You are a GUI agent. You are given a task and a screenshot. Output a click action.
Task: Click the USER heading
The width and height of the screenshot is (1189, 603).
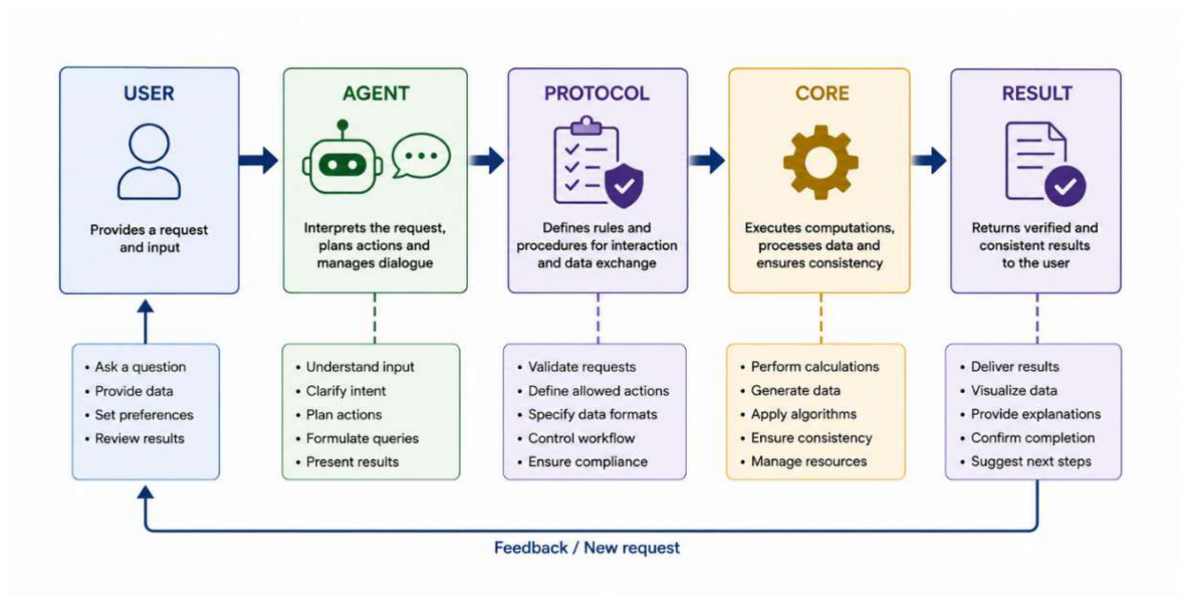click(x=148, y=93)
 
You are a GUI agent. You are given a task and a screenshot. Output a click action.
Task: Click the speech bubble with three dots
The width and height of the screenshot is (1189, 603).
click(x=421, y=155)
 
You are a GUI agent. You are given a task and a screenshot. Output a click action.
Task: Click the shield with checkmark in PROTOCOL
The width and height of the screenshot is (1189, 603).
click(x=624, y=185)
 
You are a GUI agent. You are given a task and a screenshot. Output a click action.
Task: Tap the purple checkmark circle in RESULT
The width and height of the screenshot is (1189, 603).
click(x=1064, y=185)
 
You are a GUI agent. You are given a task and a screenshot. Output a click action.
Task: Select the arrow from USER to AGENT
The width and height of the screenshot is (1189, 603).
click(x=259, y=160)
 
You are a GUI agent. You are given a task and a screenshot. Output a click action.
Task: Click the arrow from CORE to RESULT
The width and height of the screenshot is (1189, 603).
click(x=929, y=160)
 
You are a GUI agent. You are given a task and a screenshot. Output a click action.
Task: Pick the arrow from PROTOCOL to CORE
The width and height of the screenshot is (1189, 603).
click(x=707, y=160)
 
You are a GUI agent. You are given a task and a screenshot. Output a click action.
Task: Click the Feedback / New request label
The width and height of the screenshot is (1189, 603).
click(x=587, y=548)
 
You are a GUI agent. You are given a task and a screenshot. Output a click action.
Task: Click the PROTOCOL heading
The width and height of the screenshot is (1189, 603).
click(x=596, y=93)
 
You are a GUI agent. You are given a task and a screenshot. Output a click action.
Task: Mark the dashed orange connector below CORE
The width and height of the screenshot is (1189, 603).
click(x=821, y=319)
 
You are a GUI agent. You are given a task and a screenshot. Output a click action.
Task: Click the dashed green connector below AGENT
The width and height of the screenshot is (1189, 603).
click(x=375, y=319)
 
